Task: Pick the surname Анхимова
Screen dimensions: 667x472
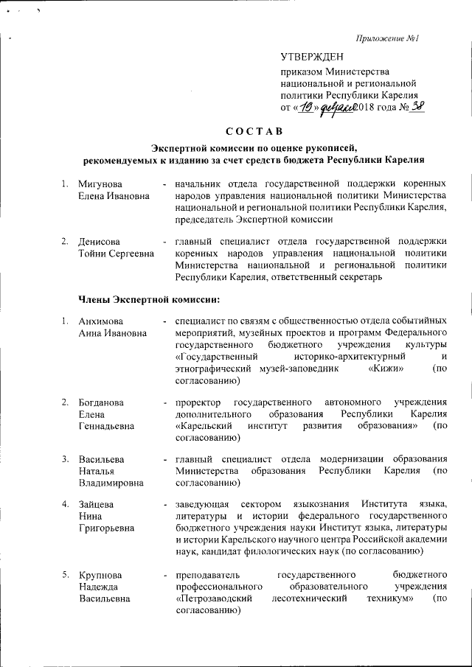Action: click(x=102, y=322)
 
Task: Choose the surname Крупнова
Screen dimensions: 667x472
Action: click(x=100, y=574)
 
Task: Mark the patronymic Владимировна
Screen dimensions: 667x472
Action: click(x=111, y=483)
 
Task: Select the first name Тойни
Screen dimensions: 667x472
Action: click(x=91, y=254)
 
